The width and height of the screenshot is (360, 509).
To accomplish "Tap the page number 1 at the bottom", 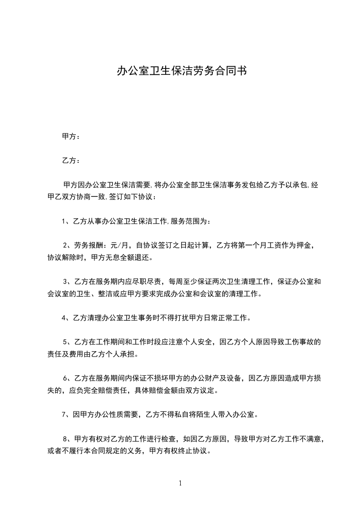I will point(180,483).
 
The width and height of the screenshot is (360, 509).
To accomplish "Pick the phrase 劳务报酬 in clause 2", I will point(88,246).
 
